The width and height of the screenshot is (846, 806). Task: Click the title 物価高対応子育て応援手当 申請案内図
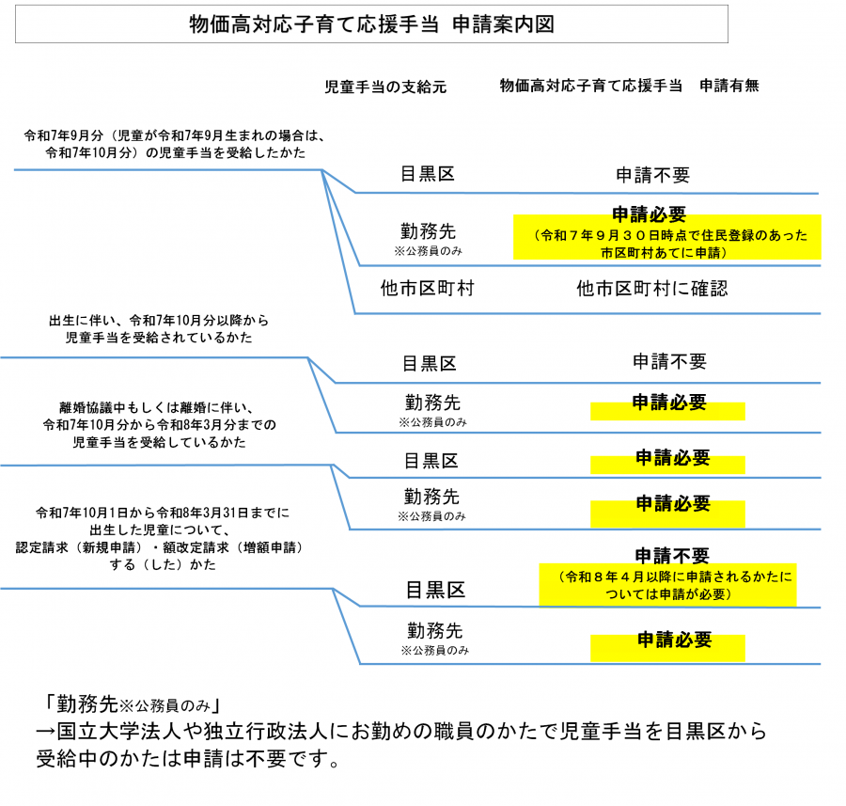(371, 24)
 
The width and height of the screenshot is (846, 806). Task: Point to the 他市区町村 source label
(427, 289)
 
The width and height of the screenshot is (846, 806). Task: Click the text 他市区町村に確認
(652, 289)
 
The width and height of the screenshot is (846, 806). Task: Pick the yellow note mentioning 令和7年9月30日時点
(667, 244)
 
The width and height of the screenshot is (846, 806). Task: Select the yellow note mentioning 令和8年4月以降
(667, 584)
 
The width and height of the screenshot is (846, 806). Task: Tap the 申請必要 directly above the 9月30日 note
(650, 213)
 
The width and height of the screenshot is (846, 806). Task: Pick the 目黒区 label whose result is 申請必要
(431, 461)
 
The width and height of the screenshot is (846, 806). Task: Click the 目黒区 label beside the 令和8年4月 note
(435, 591)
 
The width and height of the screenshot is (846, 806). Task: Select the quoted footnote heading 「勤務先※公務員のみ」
(131, 703)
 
